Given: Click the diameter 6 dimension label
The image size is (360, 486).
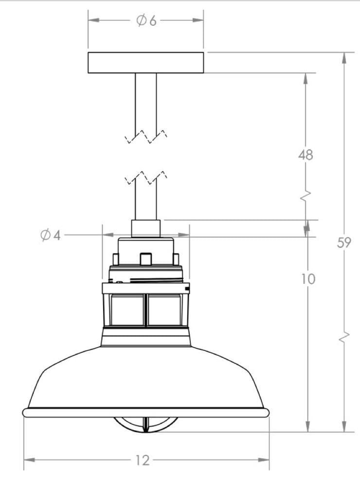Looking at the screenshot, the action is tap(146, 20).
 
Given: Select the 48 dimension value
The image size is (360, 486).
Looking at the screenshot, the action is tap(306, 155).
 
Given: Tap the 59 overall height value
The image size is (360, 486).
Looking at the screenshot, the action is tap(344, 243).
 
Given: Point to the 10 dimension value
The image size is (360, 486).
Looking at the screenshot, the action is tap(308, 279).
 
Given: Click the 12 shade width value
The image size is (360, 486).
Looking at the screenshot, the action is tap(143, 460).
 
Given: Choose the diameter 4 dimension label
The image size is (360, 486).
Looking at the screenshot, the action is tap(50, 235).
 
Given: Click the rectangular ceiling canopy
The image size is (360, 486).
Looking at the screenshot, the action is tap(146, 63).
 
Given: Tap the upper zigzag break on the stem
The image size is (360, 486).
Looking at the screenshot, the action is tap(146, 136).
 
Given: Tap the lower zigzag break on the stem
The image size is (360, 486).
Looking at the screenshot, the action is tap(146, 177).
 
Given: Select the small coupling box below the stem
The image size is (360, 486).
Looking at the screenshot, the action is tap(146, 229).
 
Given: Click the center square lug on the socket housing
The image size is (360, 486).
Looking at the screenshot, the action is tap(145, 259).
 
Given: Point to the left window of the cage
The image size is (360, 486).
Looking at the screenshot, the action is tap(127, 310).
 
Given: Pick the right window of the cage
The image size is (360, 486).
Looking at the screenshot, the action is tap(164, 310).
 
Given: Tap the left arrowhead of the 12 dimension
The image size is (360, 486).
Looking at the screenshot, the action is tap(29, 460).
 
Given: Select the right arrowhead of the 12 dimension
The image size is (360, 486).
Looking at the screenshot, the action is tap(264, 460).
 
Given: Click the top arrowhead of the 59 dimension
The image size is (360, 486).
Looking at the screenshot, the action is tap(344, 58).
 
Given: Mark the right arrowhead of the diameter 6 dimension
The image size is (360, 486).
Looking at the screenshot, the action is tap(198, 20).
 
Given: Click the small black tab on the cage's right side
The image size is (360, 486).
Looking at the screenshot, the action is tap(187, 289).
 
